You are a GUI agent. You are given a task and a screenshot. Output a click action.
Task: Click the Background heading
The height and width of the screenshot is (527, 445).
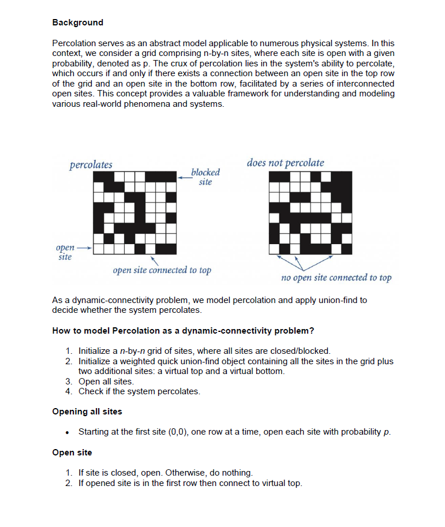click(x=77, y=23)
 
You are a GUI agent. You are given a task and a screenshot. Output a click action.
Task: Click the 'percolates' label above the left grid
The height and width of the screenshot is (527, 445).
click(x=91, y=165)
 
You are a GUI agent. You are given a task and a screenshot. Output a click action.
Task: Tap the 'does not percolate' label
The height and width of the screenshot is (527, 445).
click(x=285, y=163)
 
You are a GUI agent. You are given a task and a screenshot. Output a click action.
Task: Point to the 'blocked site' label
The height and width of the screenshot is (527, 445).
click(x=205, y=177)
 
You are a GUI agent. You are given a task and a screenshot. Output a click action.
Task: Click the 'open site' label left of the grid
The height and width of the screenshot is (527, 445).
click(x=64, y=252)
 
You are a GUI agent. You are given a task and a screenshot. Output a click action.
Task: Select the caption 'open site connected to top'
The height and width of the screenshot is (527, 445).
click(x=162, y=270)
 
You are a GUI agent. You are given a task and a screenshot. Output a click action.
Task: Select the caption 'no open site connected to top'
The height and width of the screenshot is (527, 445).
click(x=336, y=278)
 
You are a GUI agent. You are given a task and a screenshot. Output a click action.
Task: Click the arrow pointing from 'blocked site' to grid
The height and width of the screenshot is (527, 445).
click(x=184, y=178)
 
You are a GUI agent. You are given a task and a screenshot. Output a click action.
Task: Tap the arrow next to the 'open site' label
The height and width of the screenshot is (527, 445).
click(x=84, y=249)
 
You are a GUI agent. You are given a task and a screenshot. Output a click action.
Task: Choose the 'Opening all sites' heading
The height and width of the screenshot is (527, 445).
click(x=87, y=412)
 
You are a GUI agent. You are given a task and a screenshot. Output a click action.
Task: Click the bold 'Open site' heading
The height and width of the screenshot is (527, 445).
click(x=72, y=452)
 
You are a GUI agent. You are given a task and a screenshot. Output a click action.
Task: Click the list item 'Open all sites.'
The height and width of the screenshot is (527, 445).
click(x=106, y=382)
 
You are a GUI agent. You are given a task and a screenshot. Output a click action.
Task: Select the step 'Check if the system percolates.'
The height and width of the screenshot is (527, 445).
click(x=139, y=391)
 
